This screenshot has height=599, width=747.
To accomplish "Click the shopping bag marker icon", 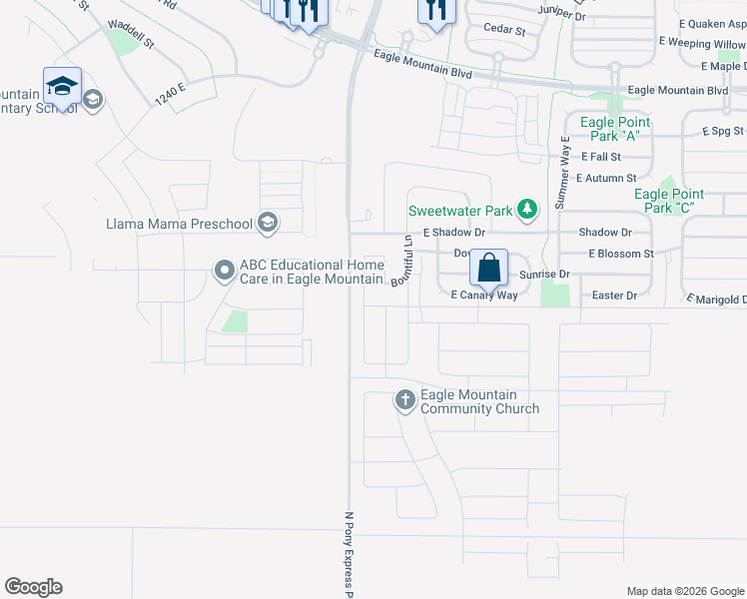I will [488, 268].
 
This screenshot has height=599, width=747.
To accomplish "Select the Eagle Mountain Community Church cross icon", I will [404, 400].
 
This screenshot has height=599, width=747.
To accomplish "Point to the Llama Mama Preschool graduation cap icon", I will [267, 223].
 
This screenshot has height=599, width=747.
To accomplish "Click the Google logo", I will [33, 587].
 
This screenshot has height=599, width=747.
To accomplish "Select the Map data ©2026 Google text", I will [685, 591].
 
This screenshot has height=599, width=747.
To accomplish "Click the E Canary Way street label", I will [483, 296].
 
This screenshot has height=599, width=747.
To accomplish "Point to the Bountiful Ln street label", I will [403, 261].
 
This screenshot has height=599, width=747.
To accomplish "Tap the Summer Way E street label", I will [562, 172].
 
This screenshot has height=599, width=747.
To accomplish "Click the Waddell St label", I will [131, 40].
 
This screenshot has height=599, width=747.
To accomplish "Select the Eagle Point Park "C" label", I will [668, 201].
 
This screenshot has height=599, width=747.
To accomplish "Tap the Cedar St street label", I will [504, 31].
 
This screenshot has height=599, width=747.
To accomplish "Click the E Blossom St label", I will [620, 254].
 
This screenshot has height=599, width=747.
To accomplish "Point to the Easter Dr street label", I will [614, 296].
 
